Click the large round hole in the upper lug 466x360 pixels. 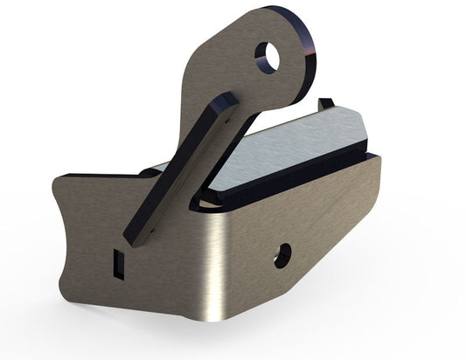pyautogui.click(x=269, y=57)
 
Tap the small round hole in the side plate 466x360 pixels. pyautogui.click(x=282, y=256)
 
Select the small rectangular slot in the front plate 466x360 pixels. pyautogui.click(x=120, y=261)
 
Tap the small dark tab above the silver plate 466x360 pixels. pyautogui.click(x=326, y=104)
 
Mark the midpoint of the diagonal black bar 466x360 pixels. pyautogui.click(x=181, y=169)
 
